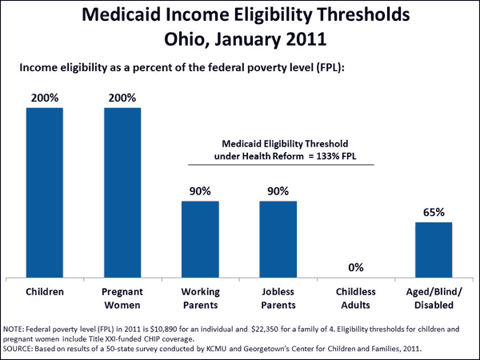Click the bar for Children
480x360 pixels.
click(x=45, y=192)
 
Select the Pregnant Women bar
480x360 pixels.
click(x=122, y=192)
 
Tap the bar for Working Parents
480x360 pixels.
click(x=200, y=238)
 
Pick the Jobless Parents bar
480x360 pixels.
click(x=278, y=238)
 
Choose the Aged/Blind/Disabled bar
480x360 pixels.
click(x=434, y=249)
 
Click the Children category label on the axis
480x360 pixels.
click(x=45, y=292)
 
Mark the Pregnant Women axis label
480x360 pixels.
click(x=122, y=298)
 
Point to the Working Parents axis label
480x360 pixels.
click(x=200, y=298)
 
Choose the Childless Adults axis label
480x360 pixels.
click(x=355, y=298)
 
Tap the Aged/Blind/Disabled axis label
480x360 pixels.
click(x=434, y=298)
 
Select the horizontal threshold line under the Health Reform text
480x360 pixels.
click(x=281, y=165)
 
